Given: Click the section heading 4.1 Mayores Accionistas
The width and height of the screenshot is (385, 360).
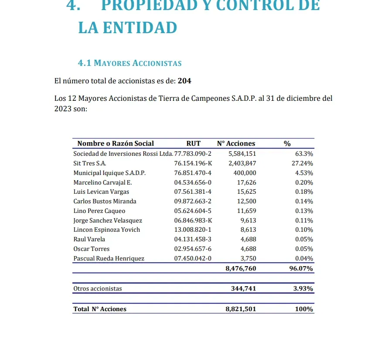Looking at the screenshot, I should click(129, 63).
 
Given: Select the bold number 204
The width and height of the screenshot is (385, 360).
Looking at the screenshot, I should click(184, 81).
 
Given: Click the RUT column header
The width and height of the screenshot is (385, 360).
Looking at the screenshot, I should click(193, 144).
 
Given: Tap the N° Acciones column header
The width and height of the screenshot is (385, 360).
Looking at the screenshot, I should click(236, 144).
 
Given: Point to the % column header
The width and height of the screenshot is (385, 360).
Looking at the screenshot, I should click(287, 144).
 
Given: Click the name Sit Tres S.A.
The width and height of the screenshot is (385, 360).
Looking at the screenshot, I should click(90, 163).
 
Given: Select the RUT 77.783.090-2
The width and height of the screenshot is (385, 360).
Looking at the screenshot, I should click(193, 154).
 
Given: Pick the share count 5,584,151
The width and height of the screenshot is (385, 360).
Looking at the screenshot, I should click(242, 154).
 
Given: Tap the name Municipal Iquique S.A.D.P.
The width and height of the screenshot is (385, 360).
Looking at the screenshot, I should click(109, 173).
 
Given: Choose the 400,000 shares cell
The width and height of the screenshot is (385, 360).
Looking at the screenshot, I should click(245, 173).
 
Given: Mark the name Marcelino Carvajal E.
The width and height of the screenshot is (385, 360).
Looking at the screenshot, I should click(102, 182).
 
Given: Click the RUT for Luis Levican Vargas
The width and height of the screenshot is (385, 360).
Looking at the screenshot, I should click(193, 192).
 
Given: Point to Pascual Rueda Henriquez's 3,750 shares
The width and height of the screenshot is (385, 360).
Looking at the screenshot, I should click(248, 258).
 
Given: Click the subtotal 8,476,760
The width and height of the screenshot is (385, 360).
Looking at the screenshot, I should click(241, 268).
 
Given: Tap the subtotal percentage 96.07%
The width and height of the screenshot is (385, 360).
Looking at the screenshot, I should click(301, 268).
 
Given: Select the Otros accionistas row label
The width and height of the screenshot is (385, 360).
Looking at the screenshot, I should click(98, 288).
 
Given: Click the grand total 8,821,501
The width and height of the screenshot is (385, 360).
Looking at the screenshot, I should click(241, 309).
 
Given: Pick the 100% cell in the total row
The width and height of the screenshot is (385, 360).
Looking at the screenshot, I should click(303, 309).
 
